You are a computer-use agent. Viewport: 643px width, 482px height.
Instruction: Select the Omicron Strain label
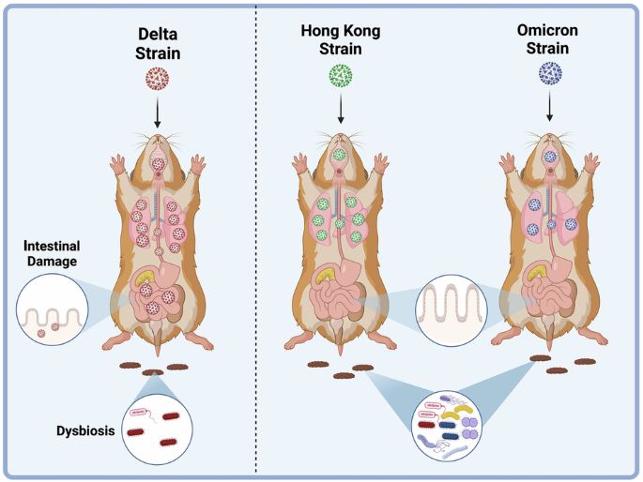pos(548,42)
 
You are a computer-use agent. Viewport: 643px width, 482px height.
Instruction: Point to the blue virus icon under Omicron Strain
pos(549,77)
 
